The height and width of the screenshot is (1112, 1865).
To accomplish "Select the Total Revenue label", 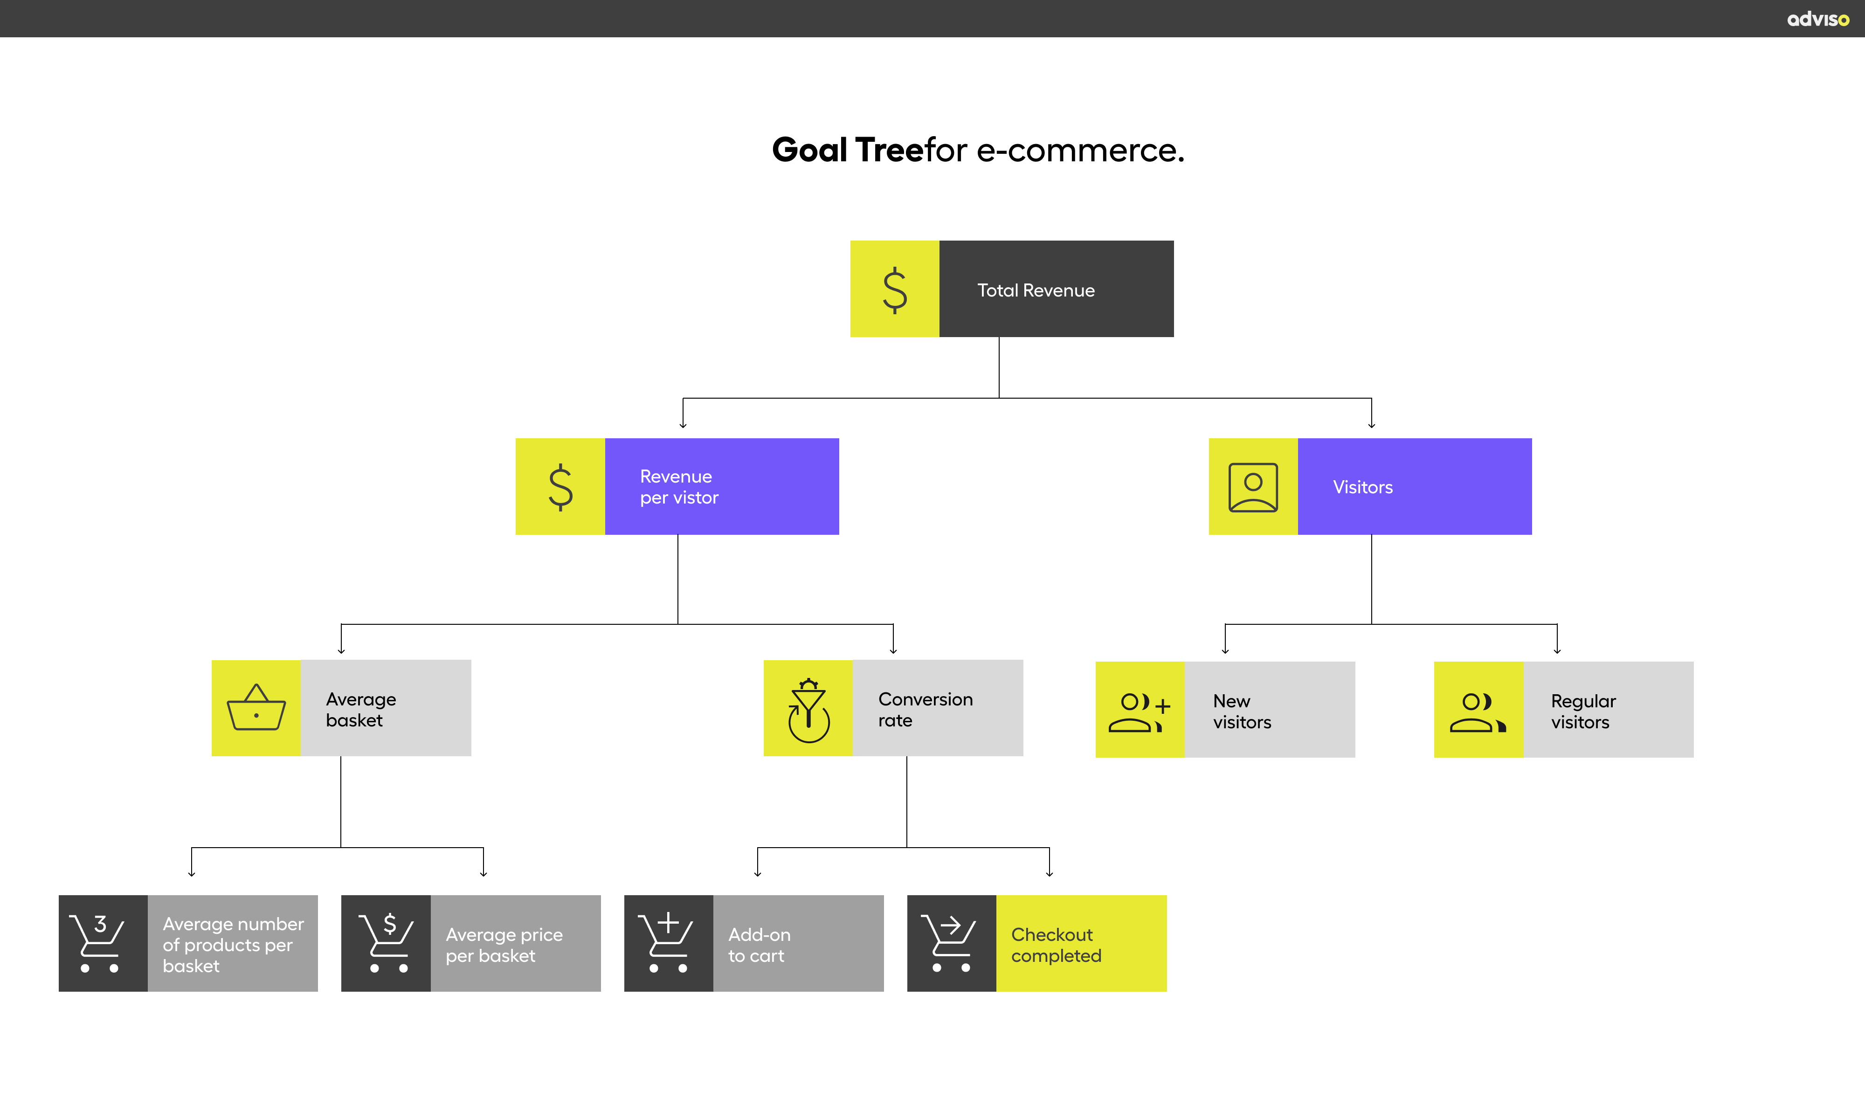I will [x=1036, y=291].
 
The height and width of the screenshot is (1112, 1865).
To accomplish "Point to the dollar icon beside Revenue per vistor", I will [x=560, y=487].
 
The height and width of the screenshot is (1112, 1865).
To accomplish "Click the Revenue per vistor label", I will [x=679, y=487].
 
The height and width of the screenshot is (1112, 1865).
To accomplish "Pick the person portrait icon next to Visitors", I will [x=1253, y=487].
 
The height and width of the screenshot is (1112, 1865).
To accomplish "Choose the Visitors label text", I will [x=1362, y=488].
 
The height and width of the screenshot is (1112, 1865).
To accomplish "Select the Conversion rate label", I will [x=926, y=710].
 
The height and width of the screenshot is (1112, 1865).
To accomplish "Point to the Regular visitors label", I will [x=1582, y=712].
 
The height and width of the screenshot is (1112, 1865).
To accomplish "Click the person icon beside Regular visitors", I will [x=1478, y=712].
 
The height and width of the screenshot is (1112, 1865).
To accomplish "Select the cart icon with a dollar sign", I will [x=386, y=943].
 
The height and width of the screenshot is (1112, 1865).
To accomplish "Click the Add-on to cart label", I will [x=759, y=945].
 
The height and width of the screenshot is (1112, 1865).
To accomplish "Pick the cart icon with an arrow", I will [x=950, y=943].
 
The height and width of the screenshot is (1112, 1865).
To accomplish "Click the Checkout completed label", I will [x=1056, y=945].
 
